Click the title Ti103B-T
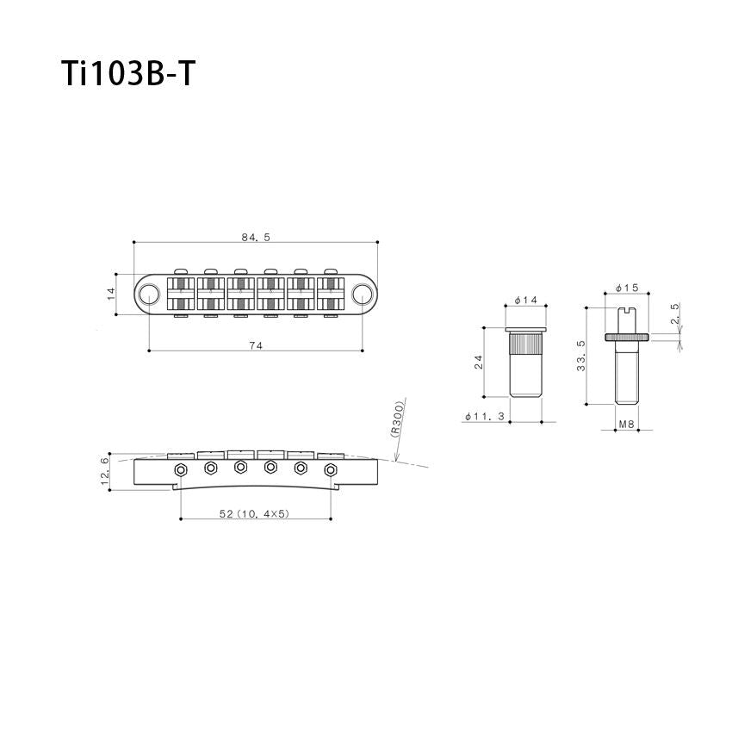(127, 74)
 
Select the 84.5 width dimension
(256, 237)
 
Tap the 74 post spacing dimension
(256, 345)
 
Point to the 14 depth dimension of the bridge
(111, 294)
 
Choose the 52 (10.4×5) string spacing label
(254, 513)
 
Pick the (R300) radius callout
(397, 419)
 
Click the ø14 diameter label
(525, 301)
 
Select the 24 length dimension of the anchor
(479, 362)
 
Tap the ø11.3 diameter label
(485, 417)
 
